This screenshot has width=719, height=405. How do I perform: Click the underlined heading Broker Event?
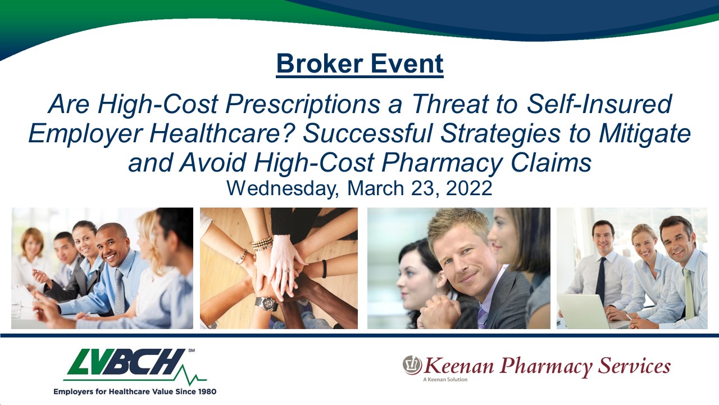click(360, 64)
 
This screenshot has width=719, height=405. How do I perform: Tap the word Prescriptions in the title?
click(303, 104)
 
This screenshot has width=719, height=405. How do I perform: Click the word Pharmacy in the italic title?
click(442, 163)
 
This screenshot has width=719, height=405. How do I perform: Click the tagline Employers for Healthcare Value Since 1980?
click(135, 391)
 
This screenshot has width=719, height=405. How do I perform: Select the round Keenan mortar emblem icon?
click(412, 365)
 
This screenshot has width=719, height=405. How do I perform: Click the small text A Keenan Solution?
click(445, 380)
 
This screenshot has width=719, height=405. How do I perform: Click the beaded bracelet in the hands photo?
click(262, 244)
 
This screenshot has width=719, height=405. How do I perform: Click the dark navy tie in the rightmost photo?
click(601, 280)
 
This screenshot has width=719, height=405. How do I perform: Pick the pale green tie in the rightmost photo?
click(689, 293)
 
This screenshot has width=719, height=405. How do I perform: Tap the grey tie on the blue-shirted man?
click(120, 291)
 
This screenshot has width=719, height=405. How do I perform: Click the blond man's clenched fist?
click(440, 310)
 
